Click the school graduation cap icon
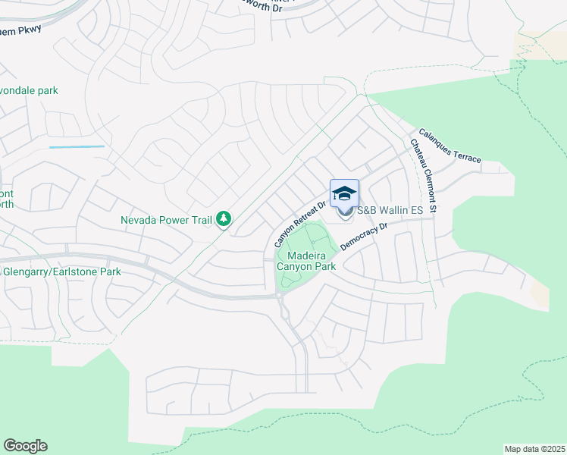click(x=344, y=193)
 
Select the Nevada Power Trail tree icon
click(x=224, y=219)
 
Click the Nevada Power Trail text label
click(x=166, y=221)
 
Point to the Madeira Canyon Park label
click(x=306, y=261)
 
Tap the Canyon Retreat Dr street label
click(x=301, y=224)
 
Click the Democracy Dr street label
click(x=365, y=237)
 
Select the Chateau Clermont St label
click(x=424, y=176)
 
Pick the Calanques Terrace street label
click(x=450, y=144)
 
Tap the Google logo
click(x=25, y=446)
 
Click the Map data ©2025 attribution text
click(x=534, y=449)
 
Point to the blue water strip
click(x=77, y=146)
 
